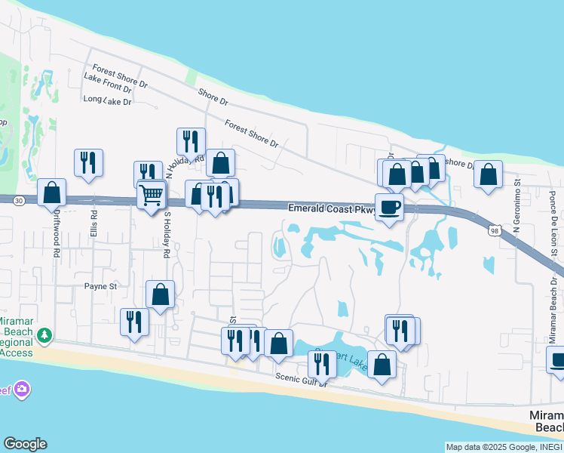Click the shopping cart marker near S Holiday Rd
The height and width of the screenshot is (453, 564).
coord(152,194)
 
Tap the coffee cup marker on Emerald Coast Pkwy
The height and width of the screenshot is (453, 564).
coord(389,207)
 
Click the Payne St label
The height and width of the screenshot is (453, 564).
coord(100,286)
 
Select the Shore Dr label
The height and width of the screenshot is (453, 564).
coord(213,96)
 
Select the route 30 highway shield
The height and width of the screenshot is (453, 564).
coord(19,200)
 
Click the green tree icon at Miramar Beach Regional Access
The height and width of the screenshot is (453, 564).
coord(44,334)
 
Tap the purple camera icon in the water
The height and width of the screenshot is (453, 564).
coord(22,389)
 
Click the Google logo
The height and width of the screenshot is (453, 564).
coord(25,444)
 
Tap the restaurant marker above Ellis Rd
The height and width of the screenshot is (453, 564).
coord(88,162)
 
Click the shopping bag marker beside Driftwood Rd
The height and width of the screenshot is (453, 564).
coord(52,193)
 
